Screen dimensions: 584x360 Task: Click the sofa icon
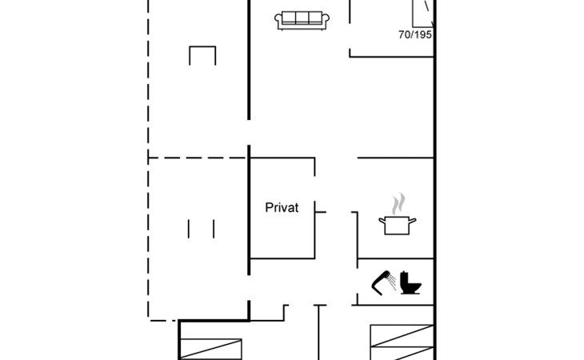click(302, 21)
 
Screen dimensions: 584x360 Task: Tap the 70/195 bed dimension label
click(415, 34)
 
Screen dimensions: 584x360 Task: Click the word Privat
click(282, 207)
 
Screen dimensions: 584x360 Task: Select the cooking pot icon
click(397, 225)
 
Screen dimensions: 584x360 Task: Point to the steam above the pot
click(398, 204)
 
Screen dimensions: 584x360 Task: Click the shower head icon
click(381, 283)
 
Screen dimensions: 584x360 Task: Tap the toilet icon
click(410, 283)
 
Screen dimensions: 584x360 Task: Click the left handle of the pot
click(382, 222)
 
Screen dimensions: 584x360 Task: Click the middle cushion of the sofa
click(302, 18)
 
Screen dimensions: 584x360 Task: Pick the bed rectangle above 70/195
click(423, 14)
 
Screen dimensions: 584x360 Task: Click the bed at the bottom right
click(402, 342)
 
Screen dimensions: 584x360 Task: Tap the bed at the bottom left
click(211, 350)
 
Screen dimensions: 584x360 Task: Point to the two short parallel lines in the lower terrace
click(201, 229)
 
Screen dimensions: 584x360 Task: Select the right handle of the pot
click(412, 222)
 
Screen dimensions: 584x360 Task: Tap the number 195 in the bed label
click(422, 34)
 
